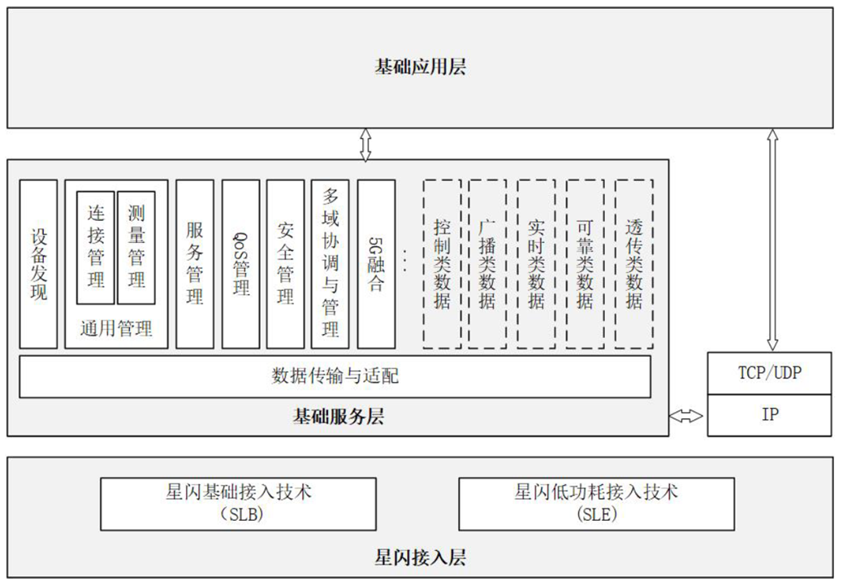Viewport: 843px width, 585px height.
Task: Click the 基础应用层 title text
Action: click(420, 67)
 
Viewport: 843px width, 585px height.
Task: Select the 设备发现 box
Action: click(38, 264)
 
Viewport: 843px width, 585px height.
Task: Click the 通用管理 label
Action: click(116, 329)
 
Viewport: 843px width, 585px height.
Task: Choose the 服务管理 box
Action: click(195, 264)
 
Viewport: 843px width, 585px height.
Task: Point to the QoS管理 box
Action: click(241, 264)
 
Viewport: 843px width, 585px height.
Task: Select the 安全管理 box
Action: click(285, 264)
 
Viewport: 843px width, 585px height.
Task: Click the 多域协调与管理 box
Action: click(330, 264)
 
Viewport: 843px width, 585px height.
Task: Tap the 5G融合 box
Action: click(376, 264)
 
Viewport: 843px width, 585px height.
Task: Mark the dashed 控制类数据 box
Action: click(442, 264)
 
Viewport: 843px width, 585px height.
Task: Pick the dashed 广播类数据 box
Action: click(487, 264)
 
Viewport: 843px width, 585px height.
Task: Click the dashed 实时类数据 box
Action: click(536, 264)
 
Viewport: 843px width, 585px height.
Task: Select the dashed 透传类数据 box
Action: click(634, 264)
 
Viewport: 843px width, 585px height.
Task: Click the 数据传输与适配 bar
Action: click(335, 376)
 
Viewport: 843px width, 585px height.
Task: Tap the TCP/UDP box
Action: click(769, 373)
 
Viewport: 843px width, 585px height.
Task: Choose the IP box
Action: click(769, 414)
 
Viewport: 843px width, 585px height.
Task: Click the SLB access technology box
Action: click(238, 504)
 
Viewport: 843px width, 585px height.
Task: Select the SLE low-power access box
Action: click(596, 504)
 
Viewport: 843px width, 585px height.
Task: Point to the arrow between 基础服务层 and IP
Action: click(687, 416)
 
